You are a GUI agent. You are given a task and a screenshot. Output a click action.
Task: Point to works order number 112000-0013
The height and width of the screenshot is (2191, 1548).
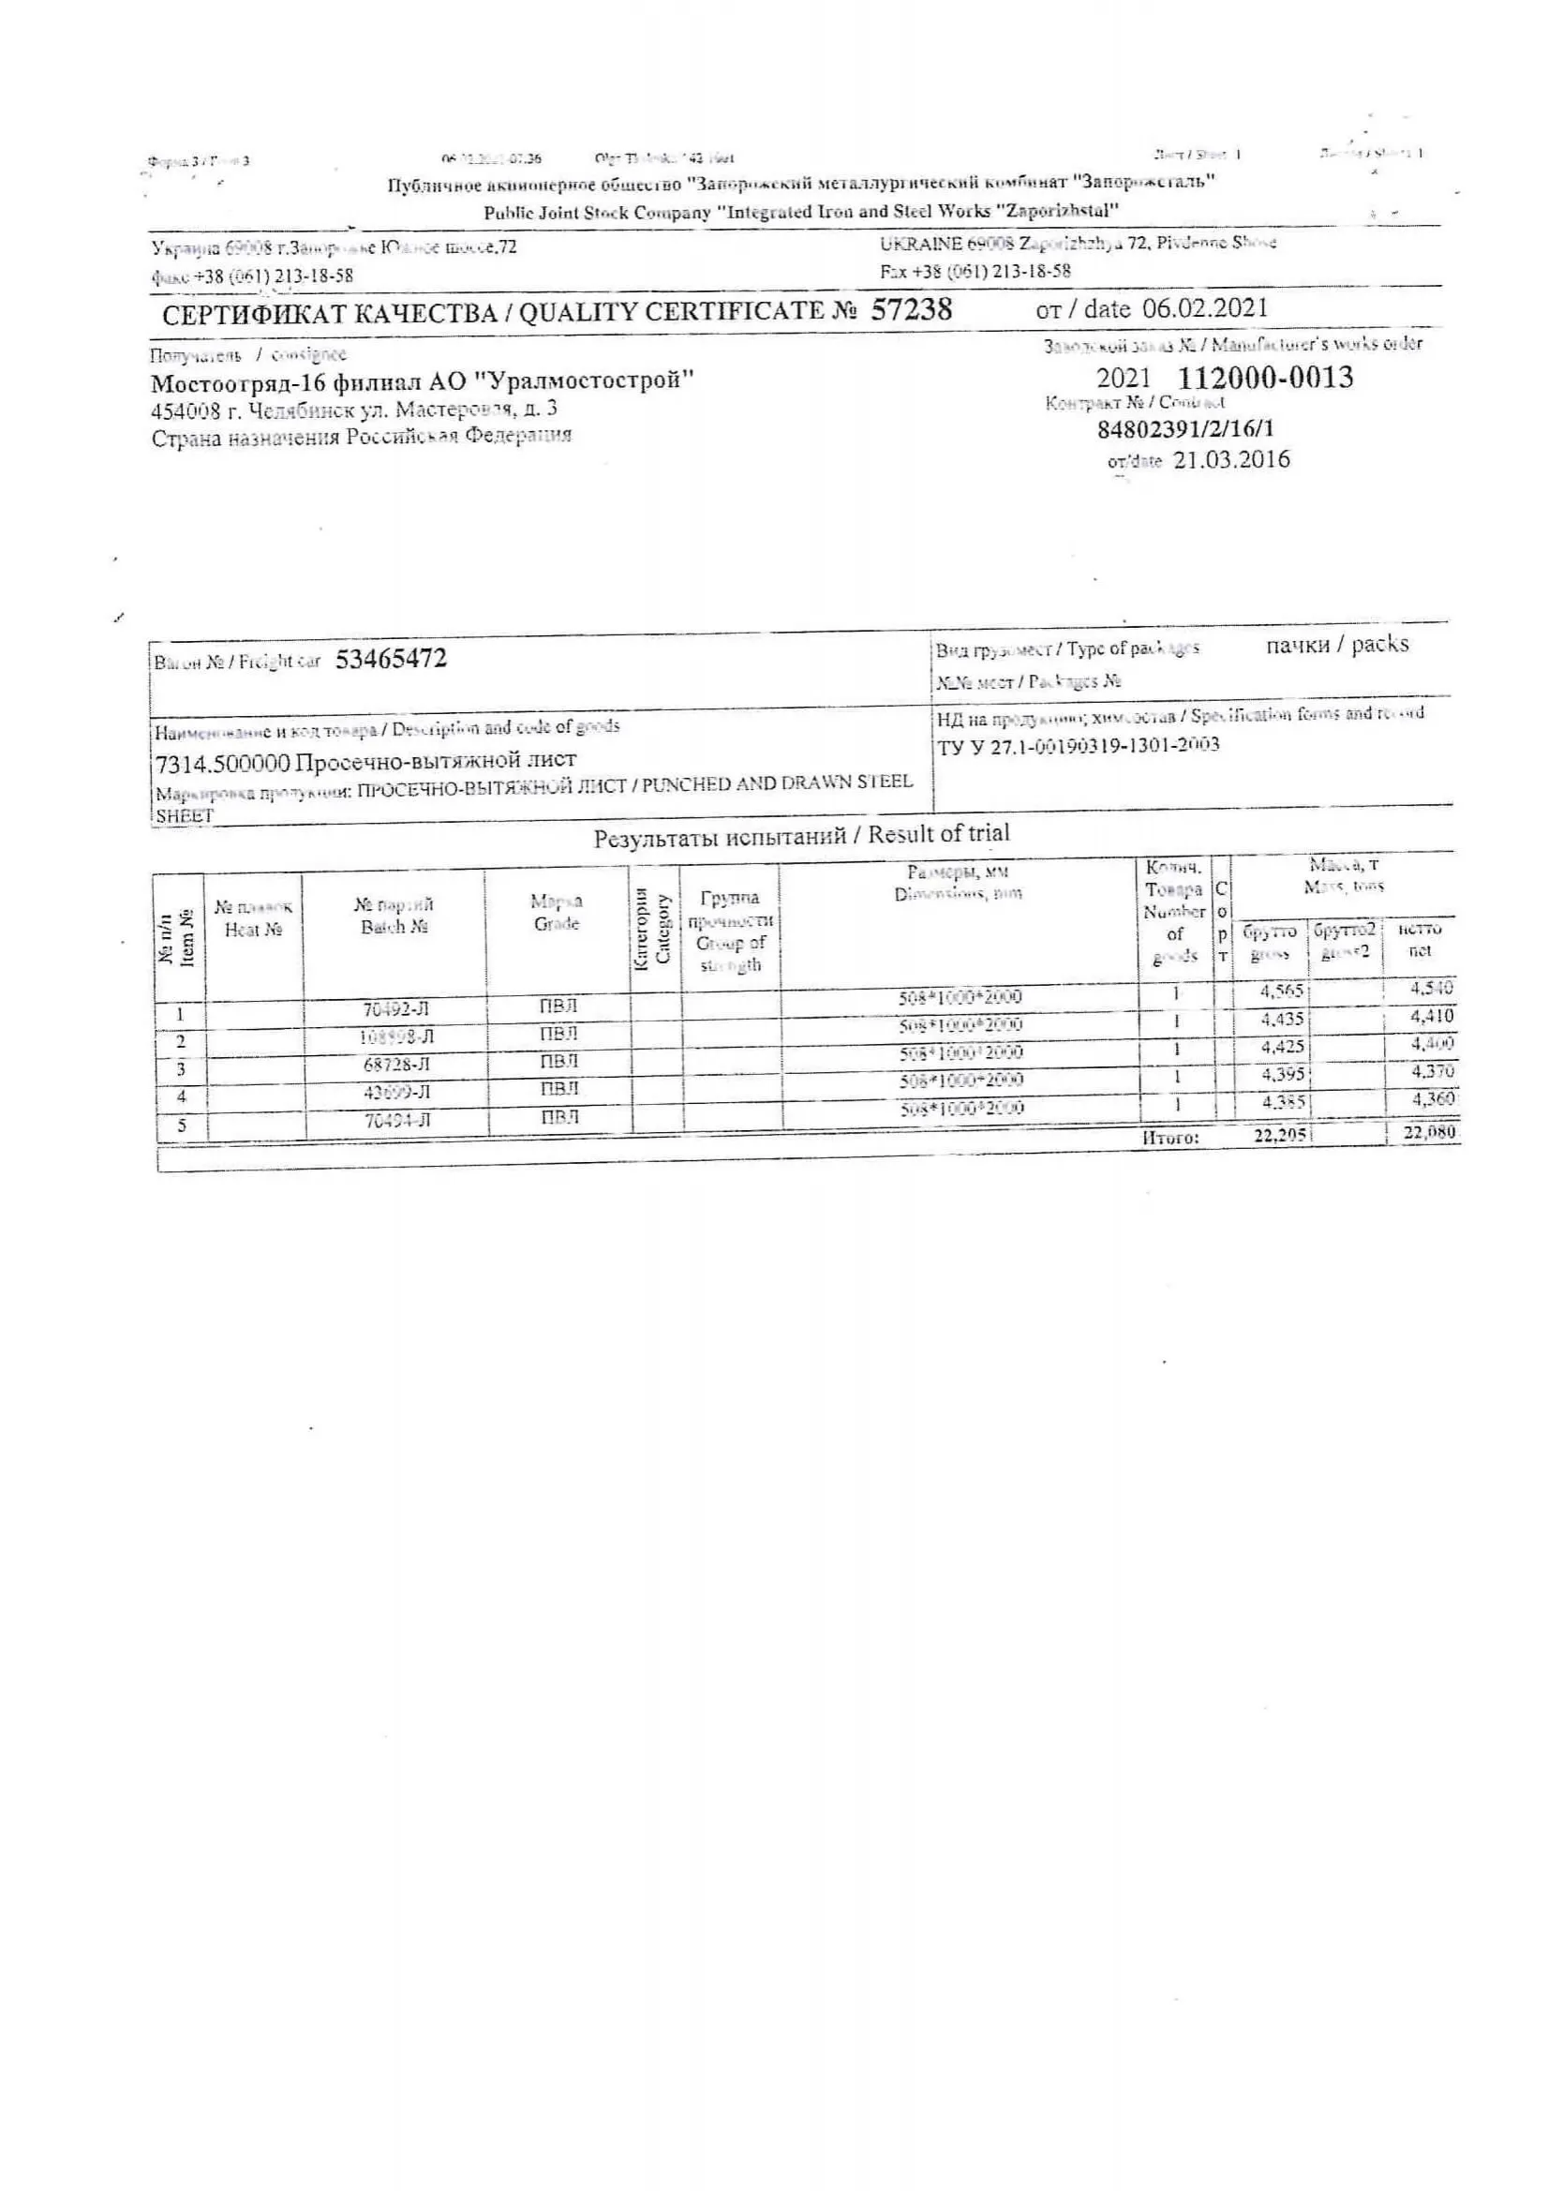click(1265, 378)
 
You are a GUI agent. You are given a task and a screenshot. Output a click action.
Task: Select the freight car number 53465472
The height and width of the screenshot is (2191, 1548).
click(391, 660)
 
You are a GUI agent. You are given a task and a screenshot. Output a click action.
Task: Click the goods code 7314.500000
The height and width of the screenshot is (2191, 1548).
click(221, 762)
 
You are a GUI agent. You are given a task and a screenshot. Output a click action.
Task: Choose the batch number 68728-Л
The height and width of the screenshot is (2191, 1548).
click(396, 1064)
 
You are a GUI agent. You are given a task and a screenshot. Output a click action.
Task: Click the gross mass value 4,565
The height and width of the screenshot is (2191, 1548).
click(1281, 991)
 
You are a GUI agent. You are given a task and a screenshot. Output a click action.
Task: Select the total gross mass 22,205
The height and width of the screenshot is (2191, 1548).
click(1280, 1136)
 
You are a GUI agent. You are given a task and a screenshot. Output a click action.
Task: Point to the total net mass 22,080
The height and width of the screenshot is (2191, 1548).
click(1429, 1133)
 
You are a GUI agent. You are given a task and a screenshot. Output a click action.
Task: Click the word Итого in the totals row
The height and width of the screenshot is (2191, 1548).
click(1169, 1137)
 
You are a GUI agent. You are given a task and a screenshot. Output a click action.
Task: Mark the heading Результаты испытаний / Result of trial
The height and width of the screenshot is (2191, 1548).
click(801, 836)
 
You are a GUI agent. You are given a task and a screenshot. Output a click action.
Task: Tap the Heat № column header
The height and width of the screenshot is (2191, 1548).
click(253, 919)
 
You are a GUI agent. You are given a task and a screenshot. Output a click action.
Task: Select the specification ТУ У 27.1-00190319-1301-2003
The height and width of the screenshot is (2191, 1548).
click(1079, 745)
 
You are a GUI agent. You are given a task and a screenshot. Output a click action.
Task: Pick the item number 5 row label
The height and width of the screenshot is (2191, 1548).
click(182, 1125)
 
